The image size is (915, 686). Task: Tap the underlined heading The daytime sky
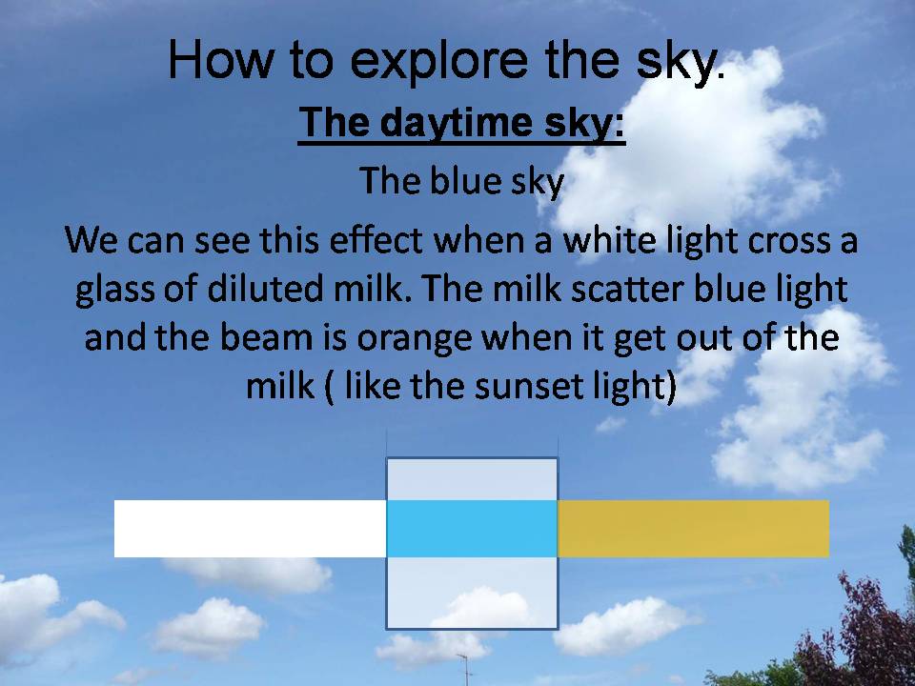tap(461, 123)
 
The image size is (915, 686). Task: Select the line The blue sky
tap(461, 181)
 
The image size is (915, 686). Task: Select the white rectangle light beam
tap(251, 529)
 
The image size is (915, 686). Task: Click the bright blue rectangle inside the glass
tap(472, 529)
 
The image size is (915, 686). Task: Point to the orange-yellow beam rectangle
tap(693, 529)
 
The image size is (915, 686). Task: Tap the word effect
tap(376, 239)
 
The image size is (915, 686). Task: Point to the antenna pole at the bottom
tap(466, 670)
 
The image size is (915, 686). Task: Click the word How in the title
tap(220, 59)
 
